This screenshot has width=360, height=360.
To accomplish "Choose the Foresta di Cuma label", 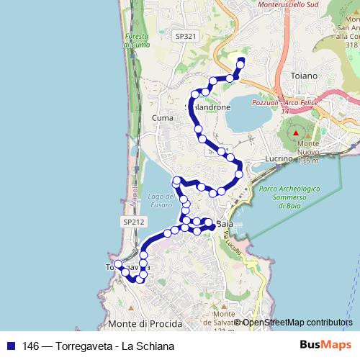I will (135, 42).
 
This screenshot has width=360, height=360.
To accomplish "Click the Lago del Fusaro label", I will (161, 200).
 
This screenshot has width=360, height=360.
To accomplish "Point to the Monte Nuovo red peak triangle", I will (295, 134).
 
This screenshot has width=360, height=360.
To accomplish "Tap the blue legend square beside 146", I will (11, 346).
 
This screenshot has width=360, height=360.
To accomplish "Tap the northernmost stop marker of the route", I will (241, 60).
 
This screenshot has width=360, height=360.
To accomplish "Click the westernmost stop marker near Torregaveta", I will (119, 265).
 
